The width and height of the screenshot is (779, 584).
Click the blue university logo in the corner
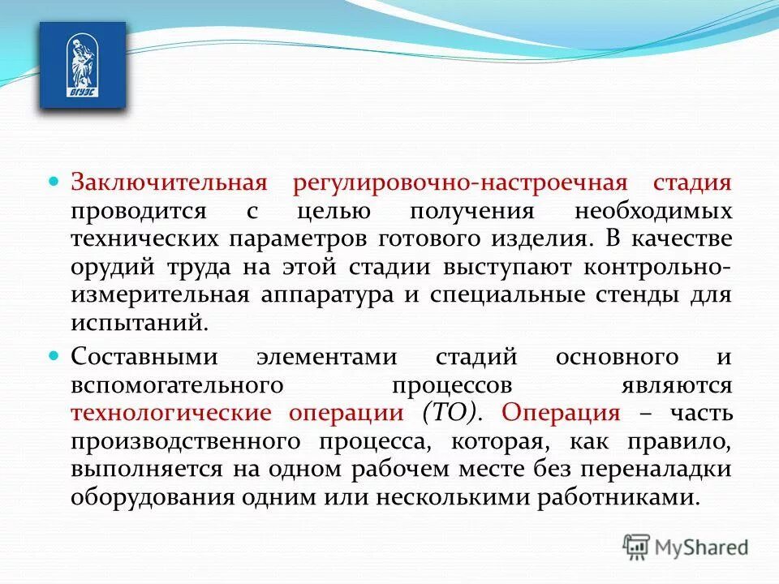point(83,66)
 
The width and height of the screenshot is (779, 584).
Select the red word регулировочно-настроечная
point(455,182)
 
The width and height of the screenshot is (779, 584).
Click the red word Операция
point(561,413)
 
